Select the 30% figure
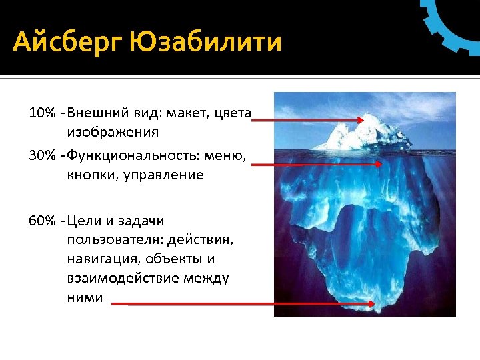tap(41, 156)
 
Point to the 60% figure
tap(41, 221)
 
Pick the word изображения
tap(112, 131)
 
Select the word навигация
tap(103, 259)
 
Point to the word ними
tap(85, 297)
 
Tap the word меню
tap(229, 156)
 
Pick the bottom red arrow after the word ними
tap(243, 303)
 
